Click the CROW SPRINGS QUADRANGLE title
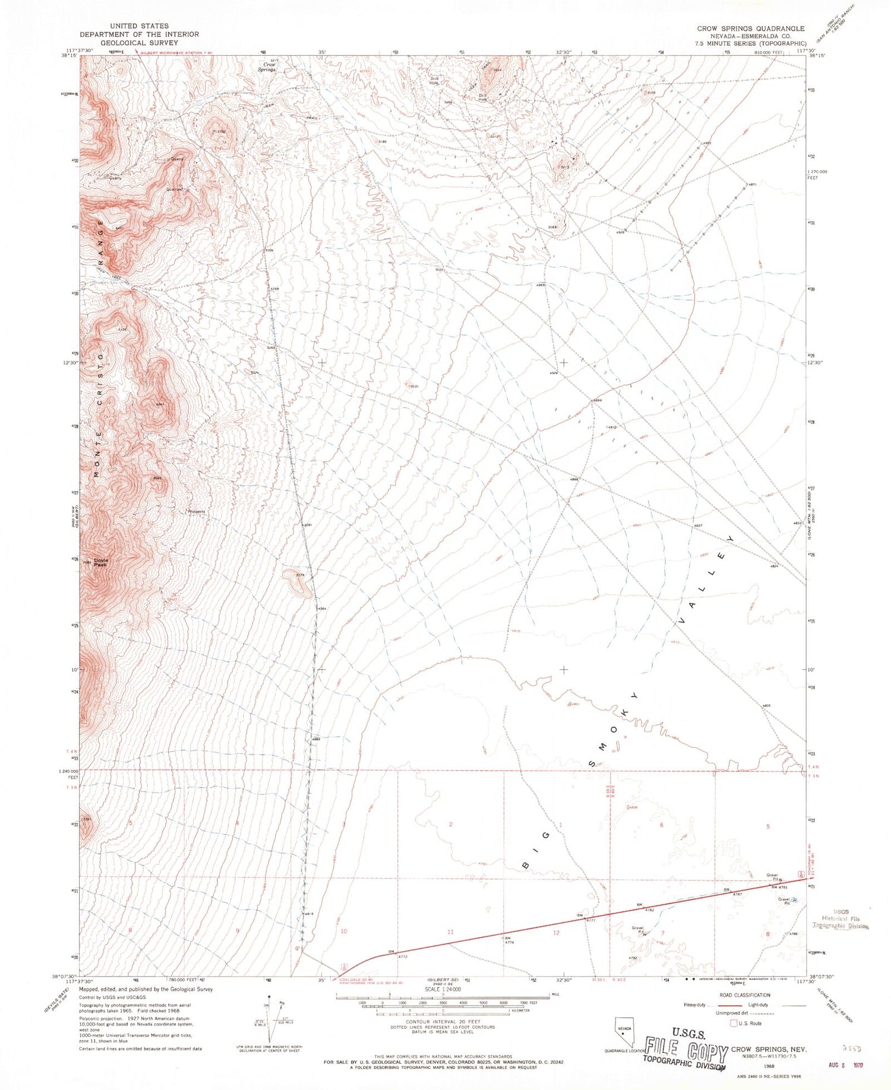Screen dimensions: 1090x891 coord(751,29)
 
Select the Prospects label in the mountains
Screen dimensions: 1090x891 coord(196,512)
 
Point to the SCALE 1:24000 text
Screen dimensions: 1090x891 coord(443,989)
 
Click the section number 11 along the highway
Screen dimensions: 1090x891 coord(450,931)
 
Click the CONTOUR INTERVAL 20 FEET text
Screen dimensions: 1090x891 coord(443,1022)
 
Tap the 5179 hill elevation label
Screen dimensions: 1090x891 coord(300,575)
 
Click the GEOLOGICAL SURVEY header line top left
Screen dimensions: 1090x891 coord(139,43)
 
